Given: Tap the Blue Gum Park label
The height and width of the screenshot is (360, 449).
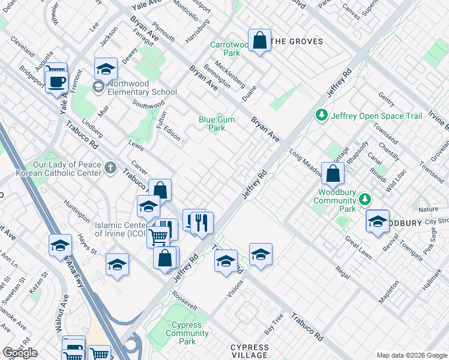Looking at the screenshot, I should (x=217, y=124).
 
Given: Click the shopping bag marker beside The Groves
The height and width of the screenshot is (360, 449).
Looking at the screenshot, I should (x=259, y=41).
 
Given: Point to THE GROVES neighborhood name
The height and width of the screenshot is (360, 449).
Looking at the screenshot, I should (x=297, y=41).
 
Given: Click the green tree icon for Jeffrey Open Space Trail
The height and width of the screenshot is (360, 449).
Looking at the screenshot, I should (x=322, y=115).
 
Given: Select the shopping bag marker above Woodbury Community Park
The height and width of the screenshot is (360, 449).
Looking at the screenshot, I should (x=333, y=174).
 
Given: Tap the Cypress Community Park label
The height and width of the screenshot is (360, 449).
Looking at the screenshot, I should (x=187, y=333).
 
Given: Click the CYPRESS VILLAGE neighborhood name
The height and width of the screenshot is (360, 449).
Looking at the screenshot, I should (x=250, y=351).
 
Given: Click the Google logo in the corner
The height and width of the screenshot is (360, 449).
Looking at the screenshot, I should (x=19, y=353).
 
